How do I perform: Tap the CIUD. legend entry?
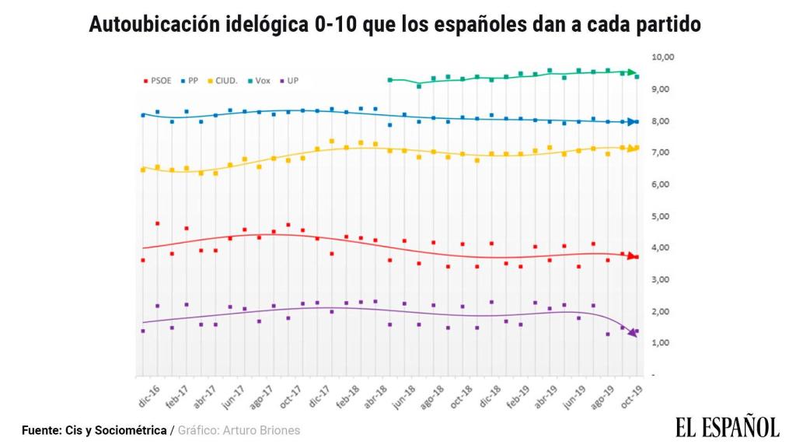tap(226, 80)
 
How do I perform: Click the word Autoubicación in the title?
tap(145, 25)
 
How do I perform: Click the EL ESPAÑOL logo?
tap(727, 426)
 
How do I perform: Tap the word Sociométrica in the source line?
tap(131, 430)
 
